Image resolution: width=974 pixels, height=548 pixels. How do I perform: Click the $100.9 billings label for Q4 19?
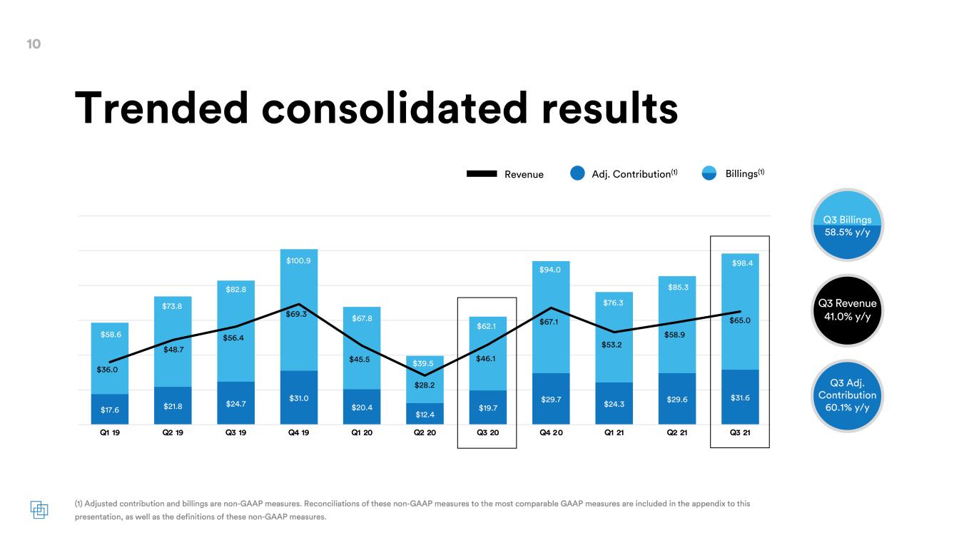click(298, 260)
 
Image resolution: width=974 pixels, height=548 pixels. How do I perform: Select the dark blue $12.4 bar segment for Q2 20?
click(425, 414)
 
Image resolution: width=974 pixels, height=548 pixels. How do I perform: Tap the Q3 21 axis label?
click(740, 432)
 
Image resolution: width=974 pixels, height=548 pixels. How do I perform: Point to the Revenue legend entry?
click(504, 174)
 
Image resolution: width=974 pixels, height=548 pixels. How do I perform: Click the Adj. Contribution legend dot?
click(577, 173)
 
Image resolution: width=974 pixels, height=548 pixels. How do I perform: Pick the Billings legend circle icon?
click(709, 173)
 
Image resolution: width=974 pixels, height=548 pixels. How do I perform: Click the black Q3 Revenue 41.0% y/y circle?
click(847, 310)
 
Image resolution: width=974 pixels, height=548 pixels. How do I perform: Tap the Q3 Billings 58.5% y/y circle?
click(847, 225)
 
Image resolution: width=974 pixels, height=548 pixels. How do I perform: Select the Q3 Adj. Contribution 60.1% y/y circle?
click(847, 395)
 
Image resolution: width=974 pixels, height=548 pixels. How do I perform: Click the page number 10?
click(34, 44)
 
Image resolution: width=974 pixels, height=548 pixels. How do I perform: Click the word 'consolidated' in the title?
click(395, 108)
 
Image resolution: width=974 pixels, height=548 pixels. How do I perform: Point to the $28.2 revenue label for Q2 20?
click(425, 385)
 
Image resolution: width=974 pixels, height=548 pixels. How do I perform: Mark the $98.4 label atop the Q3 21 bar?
click(742, 263)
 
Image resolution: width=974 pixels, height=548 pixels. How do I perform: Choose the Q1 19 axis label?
click(110, 432)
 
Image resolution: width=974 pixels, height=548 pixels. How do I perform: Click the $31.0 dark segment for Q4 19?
click(299, 397)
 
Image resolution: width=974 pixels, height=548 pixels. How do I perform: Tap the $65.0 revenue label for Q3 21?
click(740, 320)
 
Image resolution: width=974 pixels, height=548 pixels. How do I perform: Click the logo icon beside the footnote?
click(39, 509)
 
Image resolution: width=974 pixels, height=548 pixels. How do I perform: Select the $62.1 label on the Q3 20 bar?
click(486, 326)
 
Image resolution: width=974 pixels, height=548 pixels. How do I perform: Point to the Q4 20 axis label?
click(551, 432)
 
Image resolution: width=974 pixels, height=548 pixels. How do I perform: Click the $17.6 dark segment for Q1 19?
click(110, 410)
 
